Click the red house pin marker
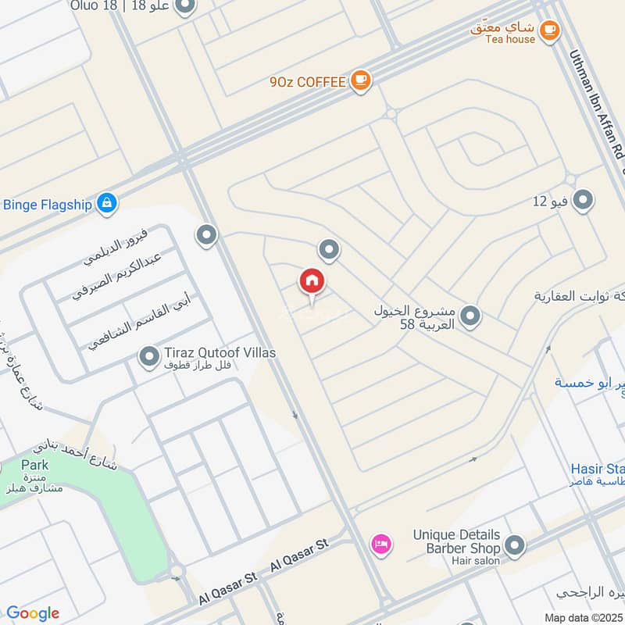tap(312, 281)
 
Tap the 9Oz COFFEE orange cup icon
tap(359, 80)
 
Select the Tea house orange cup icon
tap(550, 30)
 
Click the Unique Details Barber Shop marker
tap(514, 545)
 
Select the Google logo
tap(33, 612)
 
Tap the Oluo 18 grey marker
tap(185, 8)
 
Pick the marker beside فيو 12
tap(583, 202)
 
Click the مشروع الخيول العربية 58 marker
tap(470, 316)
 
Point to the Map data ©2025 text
tap(583, 616)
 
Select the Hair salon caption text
tap(476, 560)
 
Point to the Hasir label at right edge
tap(597, 469)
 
